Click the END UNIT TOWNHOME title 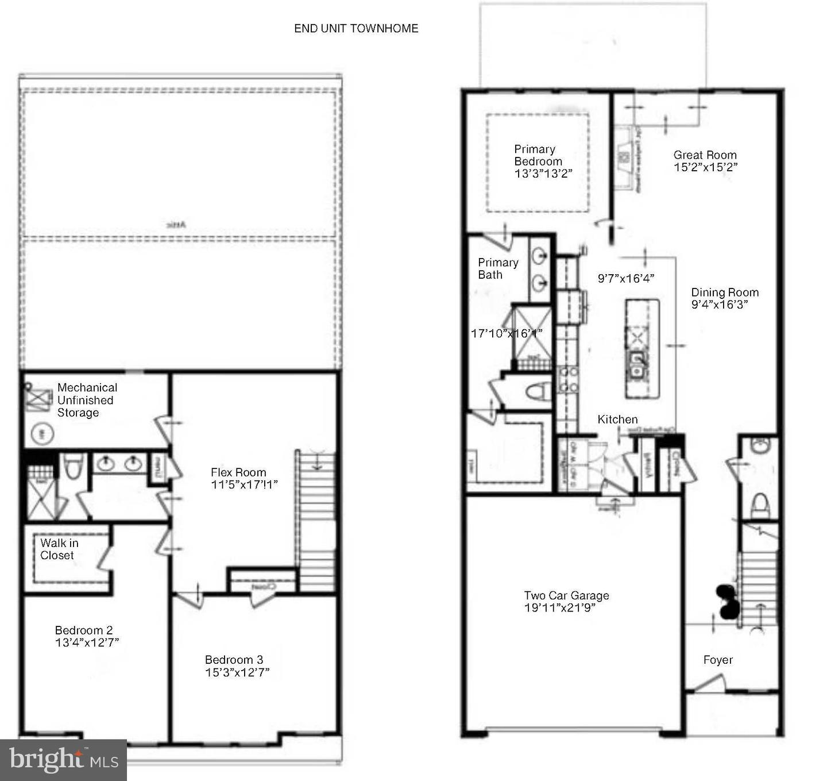[356, 28]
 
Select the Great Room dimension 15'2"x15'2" [705, 167]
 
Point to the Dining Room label [724, 292]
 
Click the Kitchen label [617, 420]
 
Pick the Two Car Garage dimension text [559, 608]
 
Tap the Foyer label [718, 660]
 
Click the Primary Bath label [497, 268]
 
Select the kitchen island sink [637, 364]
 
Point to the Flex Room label [238, 472]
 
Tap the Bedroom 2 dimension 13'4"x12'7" [87, 643]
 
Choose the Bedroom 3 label [234, 660]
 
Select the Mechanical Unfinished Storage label [86, 400]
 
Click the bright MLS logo [63, 760]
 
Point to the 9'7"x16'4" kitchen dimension [626, 278]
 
